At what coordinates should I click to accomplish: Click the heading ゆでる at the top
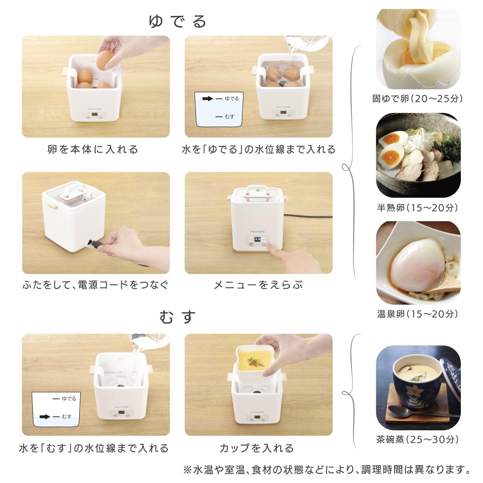point(177,22)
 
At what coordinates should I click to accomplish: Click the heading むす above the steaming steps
point(177,317)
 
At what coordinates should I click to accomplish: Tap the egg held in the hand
point(105,59)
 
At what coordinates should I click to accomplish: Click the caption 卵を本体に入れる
point(92,149)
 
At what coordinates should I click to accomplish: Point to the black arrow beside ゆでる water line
point(208,99)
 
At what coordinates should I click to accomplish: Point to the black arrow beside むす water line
point(44,417)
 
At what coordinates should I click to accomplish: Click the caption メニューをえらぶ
point(258,285)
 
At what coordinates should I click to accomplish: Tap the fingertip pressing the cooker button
point(269,244)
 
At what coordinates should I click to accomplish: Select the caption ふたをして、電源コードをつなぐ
point(96,285)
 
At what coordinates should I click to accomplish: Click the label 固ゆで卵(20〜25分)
point(418,99)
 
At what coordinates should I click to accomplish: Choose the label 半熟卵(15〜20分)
point(418,208)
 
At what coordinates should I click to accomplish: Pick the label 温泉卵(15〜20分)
point(418,314)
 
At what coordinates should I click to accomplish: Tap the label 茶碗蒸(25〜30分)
point(418,440)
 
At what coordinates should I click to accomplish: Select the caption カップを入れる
point(257,448)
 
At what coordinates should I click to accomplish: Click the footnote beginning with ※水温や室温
point(327,470)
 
